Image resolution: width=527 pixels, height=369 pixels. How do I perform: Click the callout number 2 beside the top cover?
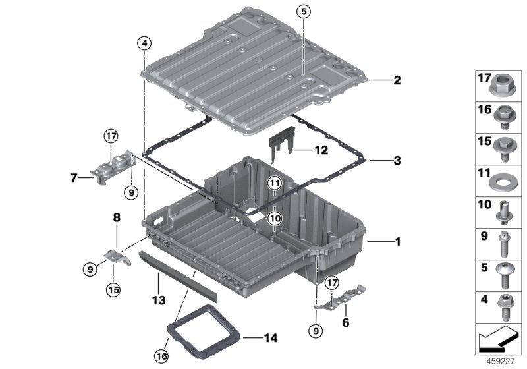click(397, 81)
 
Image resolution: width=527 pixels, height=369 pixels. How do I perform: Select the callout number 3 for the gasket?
click(397, 160)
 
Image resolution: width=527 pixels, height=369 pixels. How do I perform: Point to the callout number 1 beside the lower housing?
click(397, 242)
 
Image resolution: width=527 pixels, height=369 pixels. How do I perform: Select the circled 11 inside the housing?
click(274, 183)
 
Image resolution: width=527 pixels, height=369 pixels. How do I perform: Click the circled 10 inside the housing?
click(274, 217)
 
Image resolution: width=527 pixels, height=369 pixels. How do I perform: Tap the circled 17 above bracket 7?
click(111, 137)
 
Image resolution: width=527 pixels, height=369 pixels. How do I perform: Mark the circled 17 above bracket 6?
click(331, 282)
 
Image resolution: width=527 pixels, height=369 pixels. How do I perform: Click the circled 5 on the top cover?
click(302, 11)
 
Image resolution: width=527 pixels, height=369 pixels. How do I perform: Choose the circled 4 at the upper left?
click(144, 44)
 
